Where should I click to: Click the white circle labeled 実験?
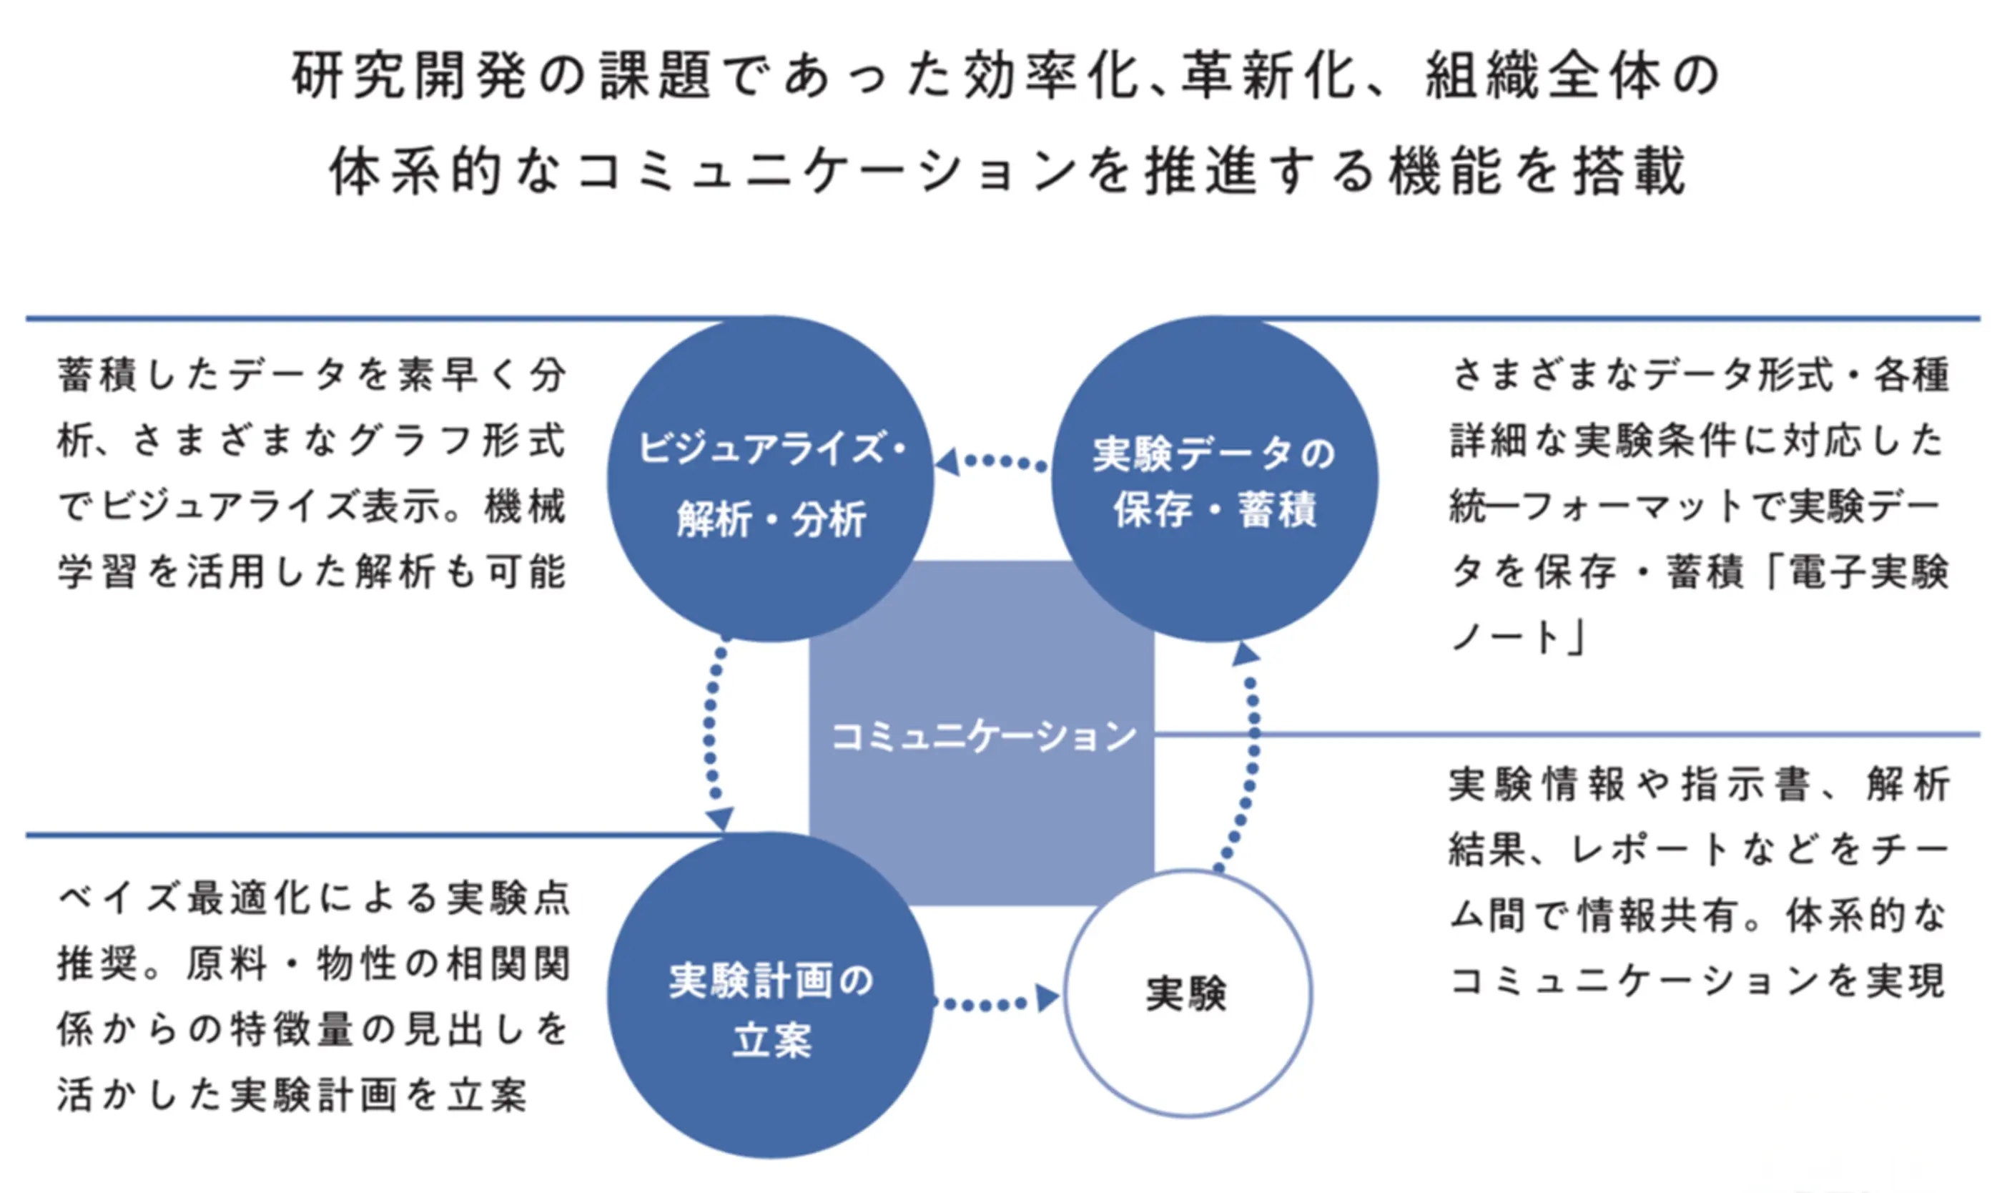click(1187, 993)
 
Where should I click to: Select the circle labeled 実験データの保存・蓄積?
click(1214, 480)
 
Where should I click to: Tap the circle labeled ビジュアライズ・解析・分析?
click(771, 480)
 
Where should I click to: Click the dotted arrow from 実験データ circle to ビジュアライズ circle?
click(993, 462)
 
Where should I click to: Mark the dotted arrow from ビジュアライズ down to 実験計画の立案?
click(712, 735)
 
